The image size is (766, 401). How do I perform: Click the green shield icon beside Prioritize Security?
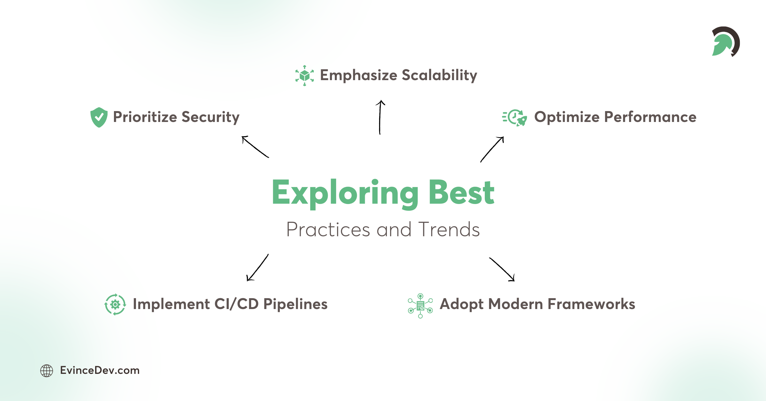pyautogui.click(x=99, y=117)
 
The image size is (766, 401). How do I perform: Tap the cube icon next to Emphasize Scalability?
pyautogui.click(x=304, y=76)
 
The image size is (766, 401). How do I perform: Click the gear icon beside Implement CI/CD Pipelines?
pyautogui.click(x=115, y=304)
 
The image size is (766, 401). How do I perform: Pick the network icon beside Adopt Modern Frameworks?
pyautogui.click(x=420, y=306)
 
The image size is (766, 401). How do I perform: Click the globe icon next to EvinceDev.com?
pyautogui.click(x=47, y=371)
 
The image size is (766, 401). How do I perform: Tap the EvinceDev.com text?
pyautogui.click(x=100, y=370)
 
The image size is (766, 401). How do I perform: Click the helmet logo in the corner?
pyautogui.click(x=725, y=42)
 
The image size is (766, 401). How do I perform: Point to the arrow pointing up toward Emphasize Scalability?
pyautogui.click(x=380, y=117)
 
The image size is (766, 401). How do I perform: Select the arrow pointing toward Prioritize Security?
pyautogui.click(x=255, y=147)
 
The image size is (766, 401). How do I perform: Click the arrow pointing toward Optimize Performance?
pyautogui.click(x=492, y=149)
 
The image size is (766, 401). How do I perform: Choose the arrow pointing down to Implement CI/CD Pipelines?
pyautogui.click(x=258, y=268)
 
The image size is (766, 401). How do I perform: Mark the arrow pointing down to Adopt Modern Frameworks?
pyautogui.click(x=502, y=269)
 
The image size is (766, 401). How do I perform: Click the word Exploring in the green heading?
pyautogui.click(x=345, y=193)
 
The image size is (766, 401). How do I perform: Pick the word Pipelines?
pyautogui.click(x=295, y=304)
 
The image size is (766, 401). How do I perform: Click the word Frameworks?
pyautogui.click(x=591, y=304)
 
